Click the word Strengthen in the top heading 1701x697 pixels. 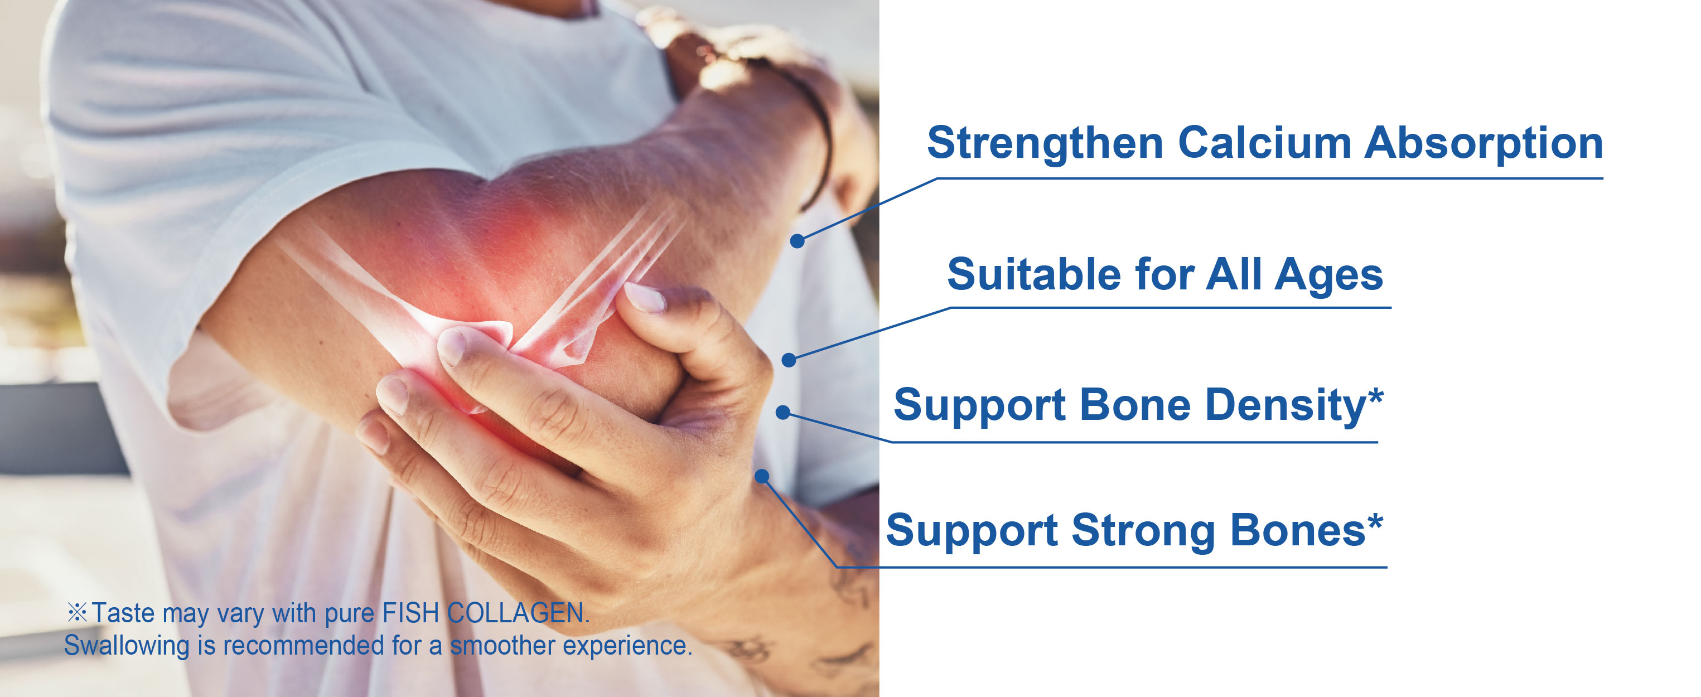(x=1045, y=143)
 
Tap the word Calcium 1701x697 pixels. (x=1264, y=143)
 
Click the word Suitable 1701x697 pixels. (x=1034, y=274)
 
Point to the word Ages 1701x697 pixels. (x=1328, y=276)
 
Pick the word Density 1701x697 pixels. (x=1285, y=406)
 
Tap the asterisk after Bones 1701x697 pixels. (x=1375, y=521)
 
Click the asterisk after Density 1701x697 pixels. (x=1375, y=395)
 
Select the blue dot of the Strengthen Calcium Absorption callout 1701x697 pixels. (x=798, y=241)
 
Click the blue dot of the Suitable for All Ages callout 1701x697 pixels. (x=789, y=360)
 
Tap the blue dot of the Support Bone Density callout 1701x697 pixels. (x=782, y=413)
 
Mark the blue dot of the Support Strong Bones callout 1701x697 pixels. (x=762, y=476)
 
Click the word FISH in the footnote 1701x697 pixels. (x=410, y=613)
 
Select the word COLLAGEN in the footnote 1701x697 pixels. (x=518, y=613)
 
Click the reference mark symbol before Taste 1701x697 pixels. (x=78, y=612)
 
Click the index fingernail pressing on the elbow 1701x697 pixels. (x=453, y=346)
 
